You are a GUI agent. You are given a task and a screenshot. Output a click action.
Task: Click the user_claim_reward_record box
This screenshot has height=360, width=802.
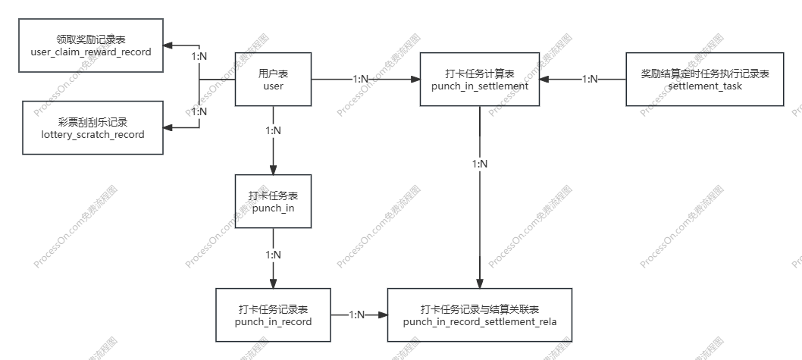[90, 46]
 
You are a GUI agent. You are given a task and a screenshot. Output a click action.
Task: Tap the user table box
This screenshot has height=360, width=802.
[273, 80]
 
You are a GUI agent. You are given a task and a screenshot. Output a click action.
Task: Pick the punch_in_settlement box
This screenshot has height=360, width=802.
[479, 80]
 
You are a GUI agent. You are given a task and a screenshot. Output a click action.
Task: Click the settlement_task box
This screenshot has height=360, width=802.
[705, 80]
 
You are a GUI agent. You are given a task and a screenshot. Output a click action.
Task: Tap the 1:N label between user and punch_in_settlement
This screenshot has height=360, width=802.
[361, 80]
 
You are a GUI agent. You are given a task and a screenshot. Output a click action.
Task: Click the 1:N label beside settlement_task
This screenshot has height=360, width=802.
[589, 80]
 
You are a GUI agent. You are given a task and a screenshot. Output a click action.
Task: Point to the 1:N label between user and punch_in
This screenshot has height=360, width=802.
[273, 131]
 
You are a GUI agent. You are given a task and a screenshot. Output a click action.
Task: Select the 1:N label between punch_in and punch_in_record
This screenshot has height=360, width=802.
[273, 255]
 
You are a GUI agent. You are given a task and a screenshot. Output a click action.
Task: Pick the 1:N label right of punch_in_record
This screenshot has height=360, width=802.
[357, 315]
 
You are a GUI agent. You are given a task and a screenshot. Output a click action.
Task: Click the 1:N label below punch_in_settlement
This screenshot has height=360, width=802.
[480, 164]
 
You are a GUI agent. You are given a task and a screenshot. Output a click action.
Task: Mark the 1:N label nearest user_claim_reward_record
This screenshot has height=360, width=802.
[199, 57]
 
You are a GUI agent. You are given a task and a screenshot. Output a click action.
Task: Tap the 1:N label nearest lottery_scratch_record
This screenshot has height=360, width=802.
[199, 111]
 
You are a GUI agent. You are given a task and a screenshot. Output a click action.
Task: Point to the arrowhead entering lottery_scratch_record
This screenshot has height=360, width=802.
[168, 128]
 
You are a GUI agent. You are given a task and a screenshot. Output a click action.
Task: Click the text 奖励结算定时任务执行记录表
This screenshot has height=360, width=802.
[705, 74]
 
